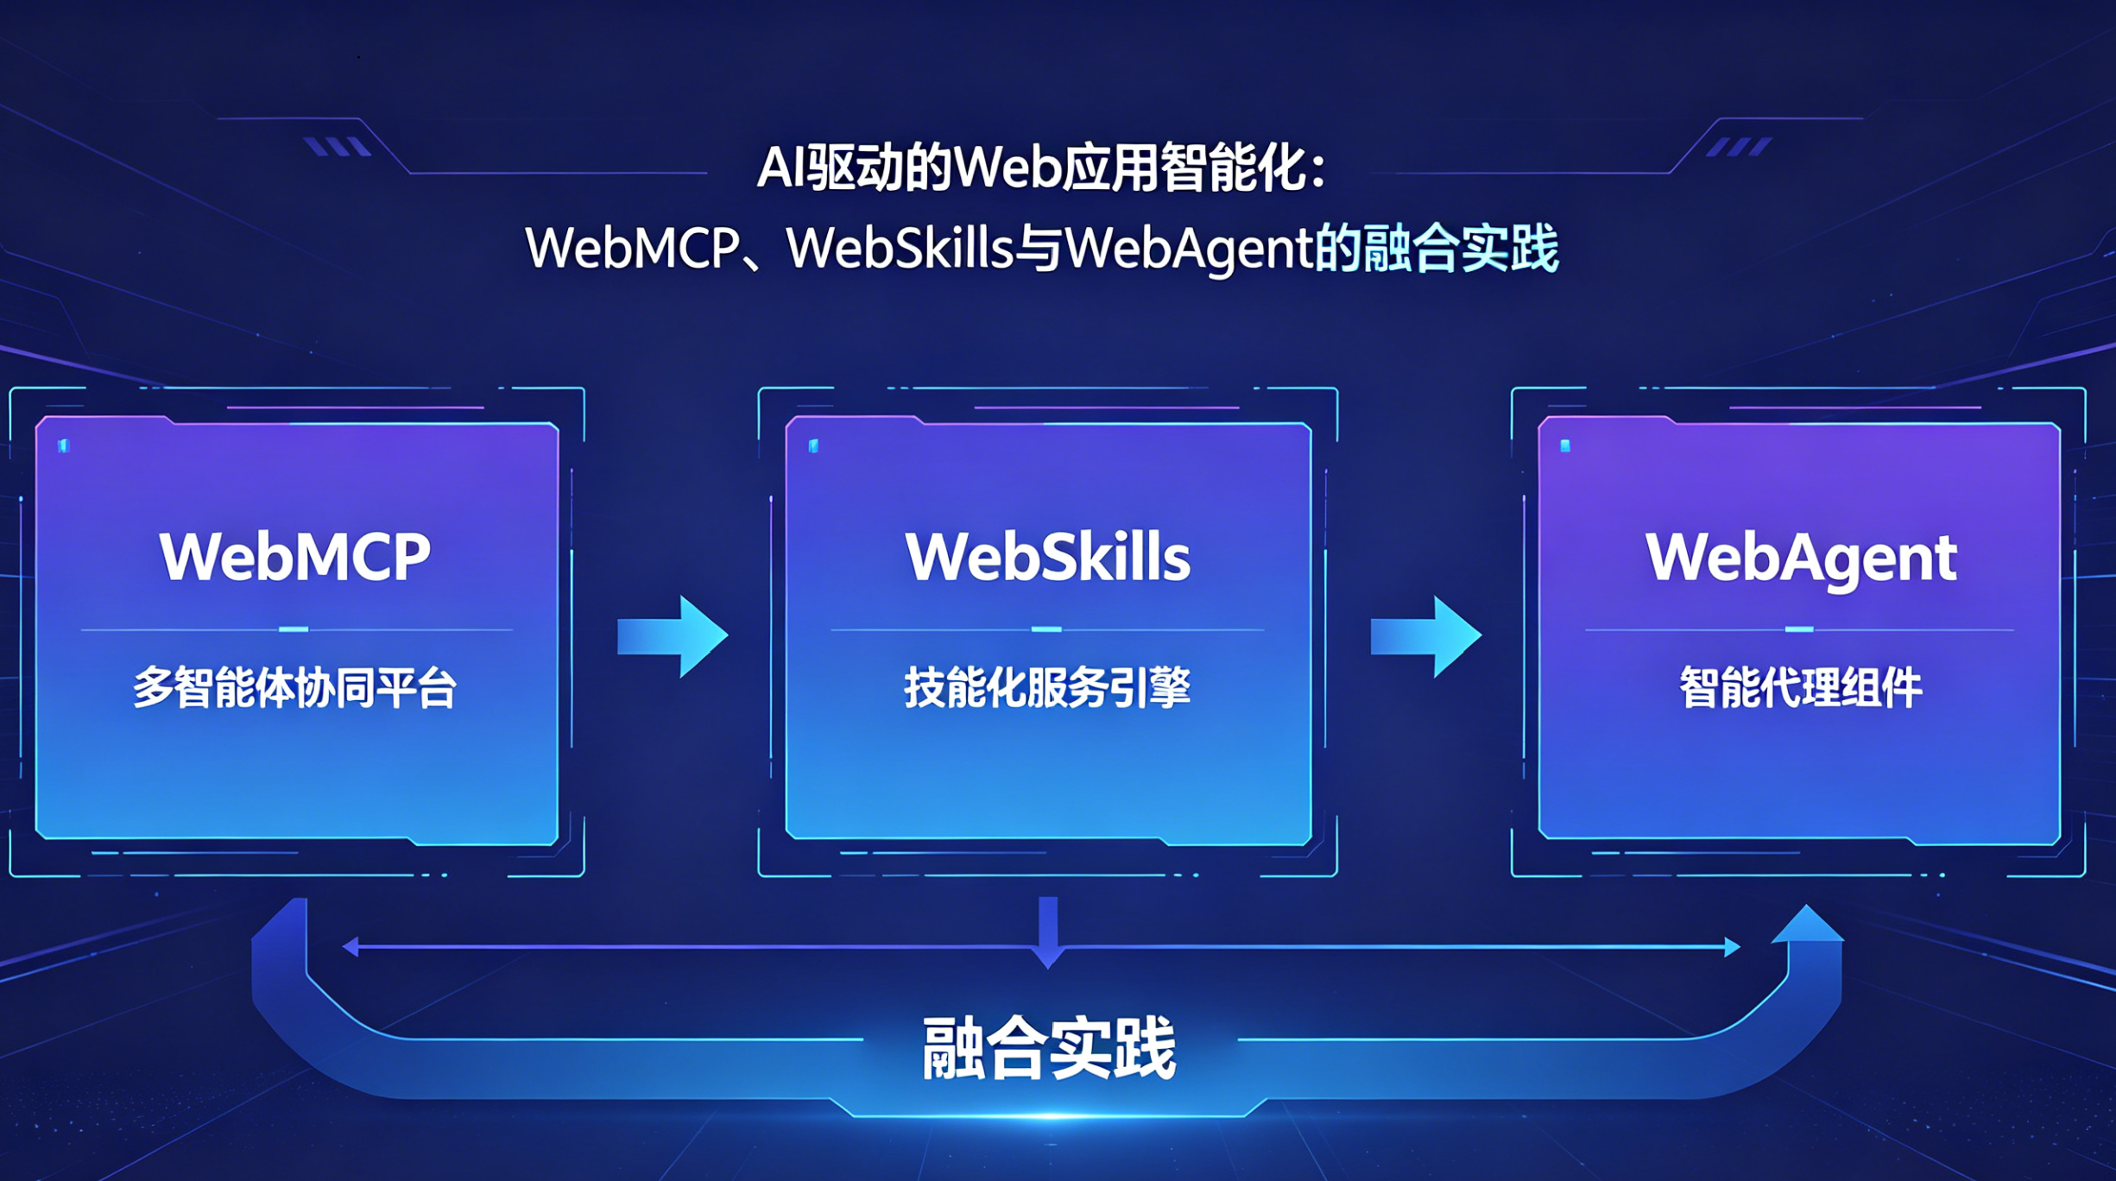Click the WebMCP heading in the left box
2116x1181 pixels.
click(x=294, y=557)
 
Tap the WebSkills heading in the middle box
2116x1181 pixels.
click(x=1047, y=557)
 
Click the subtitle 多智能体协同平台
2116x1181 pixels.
click(x=294, y=688)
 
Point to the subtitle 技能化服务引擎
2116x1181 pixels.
click(x=1047, y=688)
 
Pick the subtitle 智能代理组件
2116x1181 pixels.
click(x=1800, y=688)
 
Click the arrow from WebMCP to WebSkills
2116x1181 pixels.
click(x=673, y=636)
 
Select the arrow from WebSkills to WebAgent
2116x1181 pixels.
click(x=1426, y=636)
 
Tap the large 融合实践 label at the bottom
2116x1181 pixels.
click(x=1048, y=1048)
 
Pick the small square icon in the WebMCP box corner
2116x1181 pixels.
click(x=64, y=445)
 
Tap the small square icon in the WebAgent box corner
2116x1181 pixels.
click(x=1565, y=445)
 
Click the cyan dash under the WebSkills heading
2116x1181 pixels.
click(x=1046, y=629)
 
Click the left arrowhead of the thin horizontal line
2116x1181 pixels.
click(x=351, y=947)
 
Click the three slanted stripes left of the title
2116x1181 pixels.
click(x=338, y=147)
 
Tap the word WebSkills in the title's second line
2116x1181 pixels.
click(x=898, y=249)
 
